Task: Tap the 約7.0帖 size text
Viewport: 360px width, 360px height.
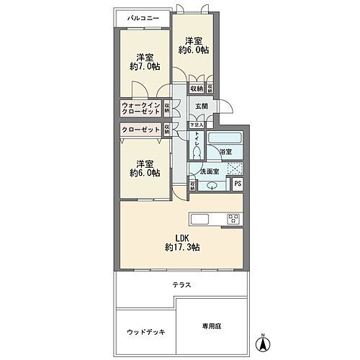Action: (x=145, y=67)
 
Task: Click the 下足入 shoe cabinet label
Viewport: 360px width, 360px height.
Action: (x=196, y=125)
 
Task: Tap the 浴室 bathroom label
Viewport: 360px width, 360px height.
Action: (x=225, y=152)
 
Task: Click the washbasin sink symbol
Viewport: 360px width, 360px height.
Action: (x=211, y=186)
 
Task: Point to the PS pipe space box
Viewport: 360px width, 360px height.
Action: (x=239, y=184)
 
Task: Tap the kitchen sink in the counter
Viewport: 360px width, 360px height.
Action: (x=199, y=220)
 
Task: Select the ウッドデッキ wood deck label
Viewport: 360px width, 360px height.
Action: (x=146, y=332)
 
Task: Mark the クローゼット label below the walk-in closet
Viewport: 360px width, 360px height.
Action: (x=140, y=130)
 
